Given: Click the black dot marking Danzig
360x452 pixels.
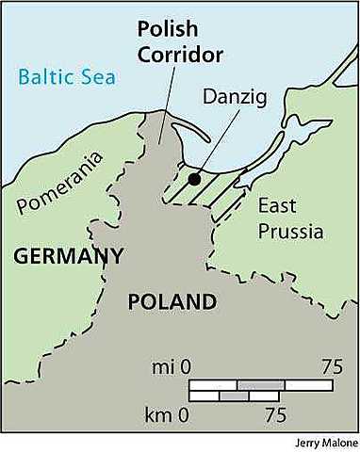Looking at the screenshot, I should point(194,178).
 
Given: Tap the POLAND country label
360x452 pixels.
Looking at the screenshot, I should point(172,302).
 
